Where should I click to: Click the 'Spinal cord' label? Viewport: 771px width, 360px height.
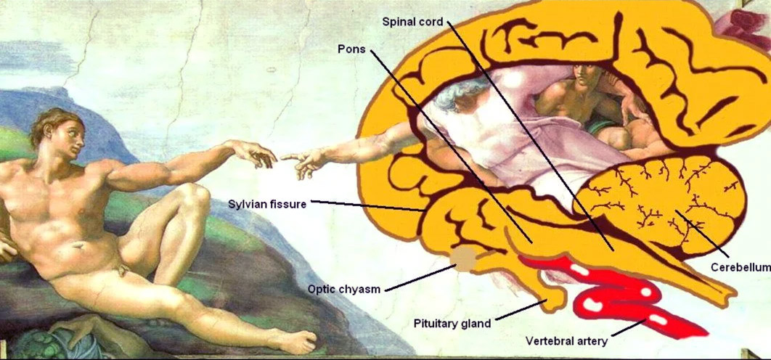412,22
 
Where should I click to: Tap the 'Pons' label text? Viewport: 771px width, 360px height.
351,49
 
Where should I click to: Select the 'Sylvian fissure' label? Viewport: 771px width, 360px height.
267,204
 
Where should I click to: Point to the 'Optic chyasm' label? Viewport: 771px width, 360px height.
344,289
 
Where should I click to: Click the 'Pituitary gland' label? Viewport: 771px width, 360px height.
452,324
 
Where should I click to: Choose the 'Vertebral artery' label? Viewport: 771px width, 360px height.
566,341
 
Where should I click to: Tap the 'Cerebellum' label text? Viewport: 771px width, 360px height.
741,267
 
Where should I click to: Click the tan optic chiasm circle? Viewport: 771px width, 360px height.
465,259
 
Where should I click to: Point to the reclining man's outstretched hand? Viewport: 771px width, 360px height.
256,153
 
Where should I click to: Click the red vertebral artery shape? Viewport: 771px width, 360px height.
615,295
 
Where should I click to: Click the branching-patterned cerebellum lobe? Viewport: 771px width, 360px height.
659,204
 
